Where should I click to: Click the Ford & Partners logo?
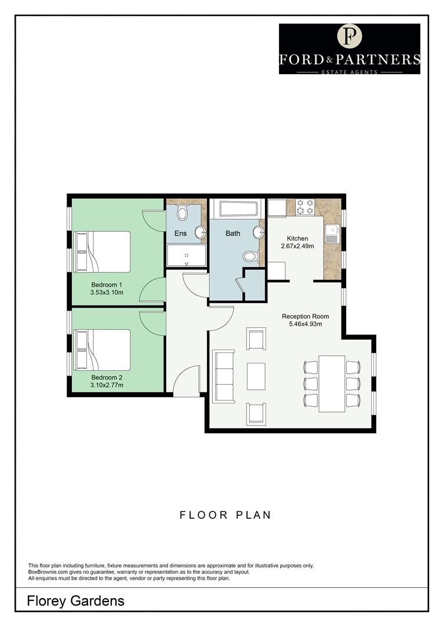[x=349, y=49]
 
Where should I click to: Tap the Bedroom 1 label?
[x=107, y=285]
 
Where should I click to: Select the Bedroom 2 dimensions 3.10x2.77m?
[x=107, y=384]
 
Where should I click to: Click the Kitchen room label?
[x=297, y=239]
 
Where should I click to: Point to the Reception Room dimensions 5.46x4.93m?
[x=305, y=324]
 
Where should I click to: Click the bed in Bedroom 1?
[x=103, y=252]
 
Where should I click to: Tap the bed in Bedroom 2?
[x=103, y=350]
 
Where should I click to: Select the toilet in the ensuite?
[x=182, y=213]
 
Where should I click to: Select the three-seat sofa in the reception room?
[x=224, y=376]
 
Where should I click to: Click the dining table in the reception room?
[x=332, y=383]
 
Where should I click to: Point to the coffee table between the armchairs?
[x=256, y=376]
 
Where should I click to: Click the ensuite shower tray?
[x=186, y=256]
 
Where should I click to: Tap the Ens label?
[x=181, y=234]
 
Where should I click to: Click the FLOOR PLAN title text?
[x=225, y=515]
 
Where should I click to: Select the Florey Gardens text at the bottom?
[x=75, y=601]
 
